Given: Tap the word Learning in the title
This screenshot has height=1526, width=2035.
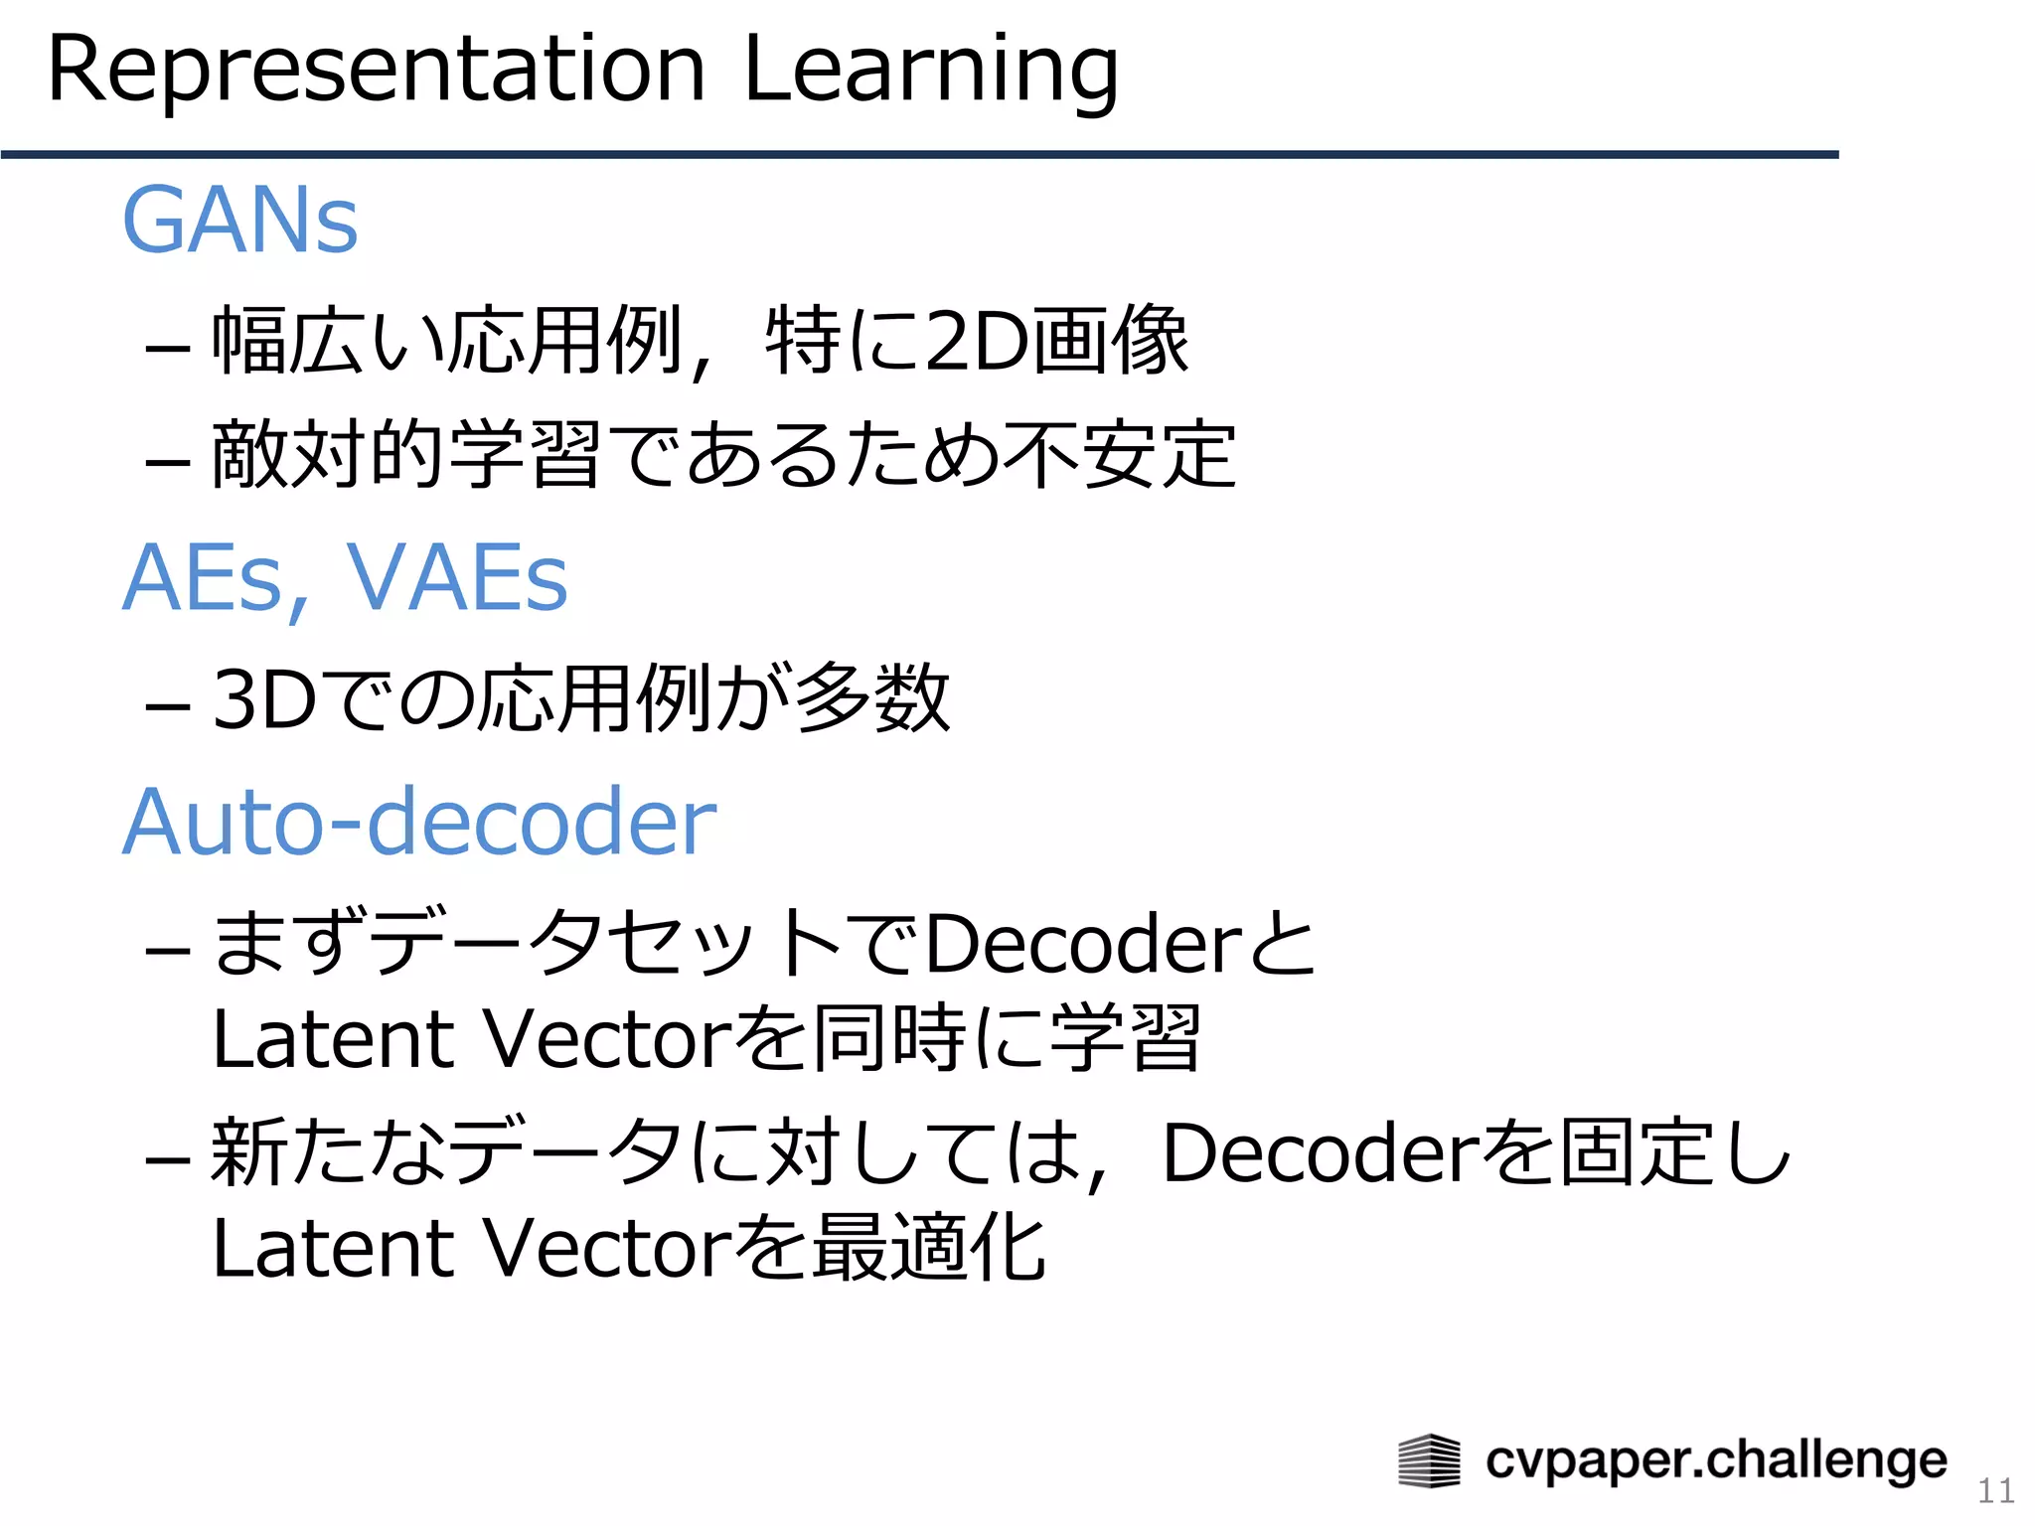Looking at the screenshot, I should click(930, 72).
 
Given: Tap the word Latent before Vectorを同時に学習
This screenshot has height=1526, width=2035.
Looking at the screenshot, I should click(334, 1039).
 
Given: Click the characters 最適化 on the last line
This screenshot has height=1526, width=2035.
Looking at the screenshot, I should click(928, 1248).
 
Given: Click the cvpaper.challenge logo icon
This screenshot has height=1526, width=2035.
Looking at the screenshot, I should click(1429, 1461).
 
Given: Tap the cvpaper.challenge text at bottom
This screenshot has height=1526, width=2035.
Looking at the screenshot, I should click(1716, 1460).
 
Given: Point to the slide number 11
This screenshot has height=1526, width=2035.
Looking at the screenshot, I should click(1995, 1490).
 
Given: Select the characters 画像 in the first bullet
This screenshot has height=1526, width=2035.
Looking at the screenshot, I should click(1110, 341).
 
